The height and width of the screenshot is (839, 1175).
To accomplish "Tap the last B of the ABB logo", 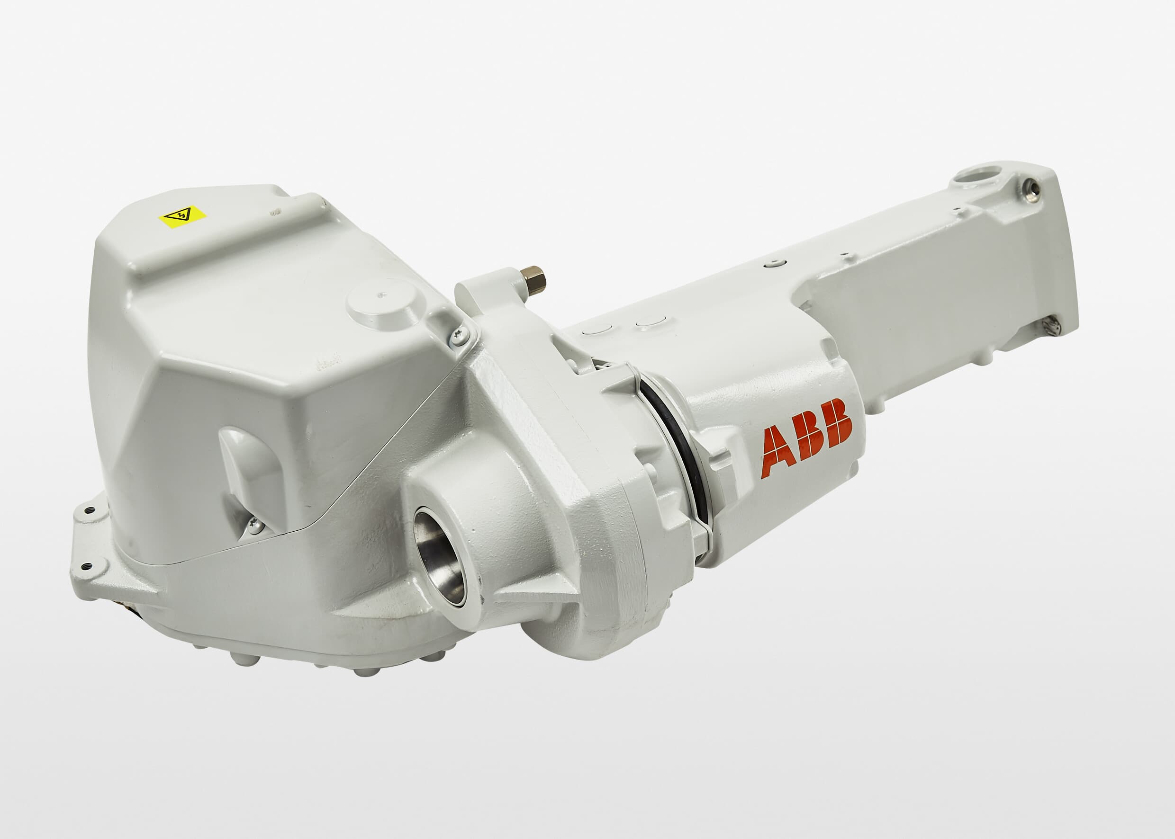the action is (835, 422).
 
